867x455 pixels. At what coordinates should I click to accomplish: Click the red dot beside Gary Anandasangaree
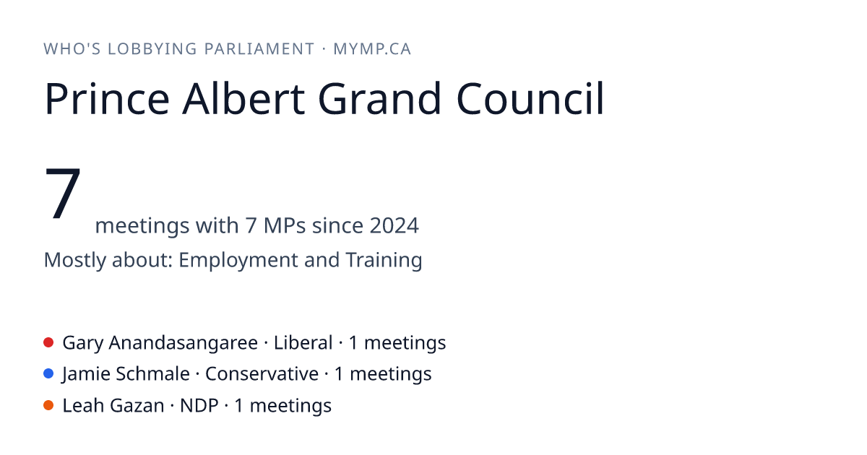pos(48,342)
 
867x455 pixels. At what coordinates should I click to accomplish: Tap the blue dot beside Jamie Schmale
pos(48,374)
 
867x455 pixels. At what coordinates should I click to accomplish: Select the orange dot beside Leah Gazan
pos(48,405)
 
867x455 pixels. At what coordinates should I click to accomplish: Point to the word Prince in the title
pos(107,99)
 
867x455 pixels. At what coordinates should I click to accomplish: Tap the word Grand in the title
pos(379,98)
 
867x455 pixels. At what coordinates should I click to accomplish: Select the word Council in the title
pos(530,98)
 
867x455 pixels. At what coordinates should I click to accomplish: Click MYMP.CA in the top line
pos(372,49)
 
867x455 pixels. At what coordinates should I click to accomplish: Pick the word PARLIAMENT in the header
pos(259,49)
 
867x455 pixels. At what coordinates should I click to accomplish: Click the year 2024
pos(394,225)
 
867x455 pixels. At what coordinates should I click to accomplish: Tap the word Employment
pos(238,261)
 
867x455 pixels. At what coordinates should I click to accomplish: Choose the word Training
pos(384,260)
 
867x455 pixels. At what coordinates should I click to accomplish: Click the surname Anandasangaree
pos(183,343)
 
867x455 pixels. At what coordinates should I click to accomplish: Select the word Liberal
pos(303,343)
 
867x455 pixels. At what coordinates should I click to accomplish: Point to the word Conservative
pos(262,374)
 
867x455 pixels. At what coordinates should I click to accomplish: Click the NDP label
pos(199,406)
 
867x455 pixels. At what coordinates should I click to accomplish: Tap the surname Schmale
pos(152,374)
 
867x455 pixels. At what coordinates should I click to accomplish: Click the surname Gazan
pos(137,406)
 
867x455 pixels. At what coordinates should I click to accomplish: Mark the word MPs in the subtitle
pos(285,225)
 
